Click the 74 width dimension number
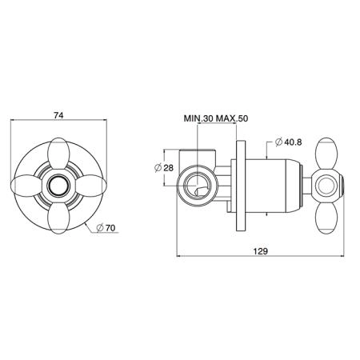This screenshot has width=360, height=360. point(58,115)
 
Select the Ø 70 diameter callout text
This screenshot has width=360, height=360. point(106,228)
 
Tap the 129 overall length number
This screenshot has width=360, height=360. point(260,251)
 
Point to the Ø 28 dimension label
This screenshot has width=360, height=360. point(164,168)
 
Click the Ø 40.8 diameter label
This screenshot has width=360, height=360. point(289,142)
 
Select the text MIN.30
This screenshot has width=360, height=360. point(198,118)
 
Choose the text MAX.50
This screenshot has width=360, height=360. point(232,118)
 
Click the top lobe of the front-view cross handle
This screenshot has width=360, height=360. point(58,154)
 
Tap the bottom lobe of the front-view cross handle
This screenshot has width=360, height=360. point(58,218)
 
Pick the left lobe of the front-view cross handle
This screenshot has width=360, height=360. point(26,186)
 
